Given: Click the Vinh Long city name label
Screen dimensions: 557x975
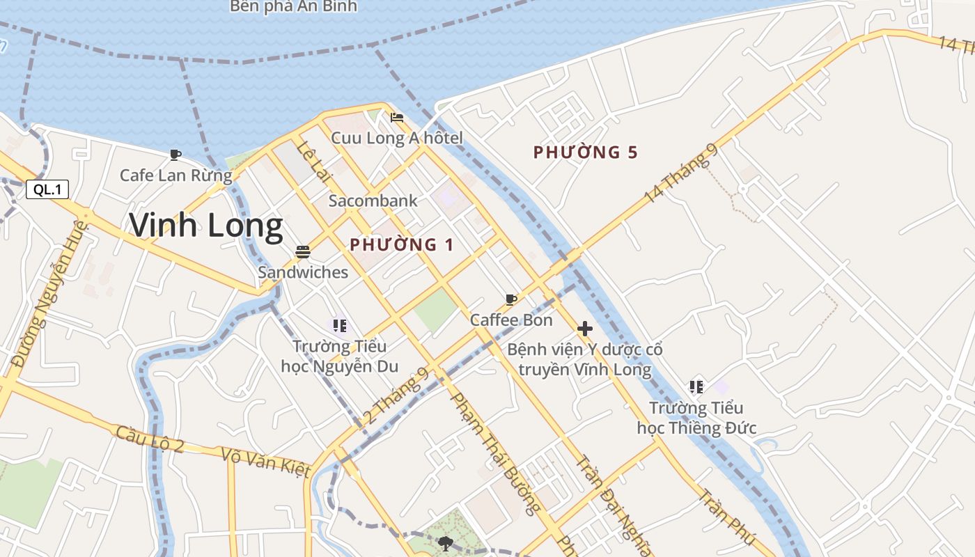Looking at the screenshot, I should click(x=206, y=226).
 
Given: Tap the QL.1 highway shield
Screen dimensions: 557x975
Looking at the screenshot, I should click(x=47, y=189).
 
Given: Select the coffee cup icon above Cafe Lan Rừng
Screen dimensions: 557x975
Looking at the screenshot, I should click(x=175, y=155).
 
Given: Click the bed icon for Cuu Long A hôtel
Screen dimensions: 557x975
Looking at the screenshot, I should click(x=397, y=117).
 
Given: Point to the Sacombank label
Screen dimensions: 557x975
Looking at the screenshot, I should click(x=373, y=201).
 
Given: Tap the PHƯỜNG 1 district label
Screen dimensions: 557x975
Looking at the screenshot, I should click(x=401, y=245).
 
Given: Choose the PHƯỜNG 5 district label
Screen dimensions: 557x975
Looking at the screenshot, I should click(x=585, y=152).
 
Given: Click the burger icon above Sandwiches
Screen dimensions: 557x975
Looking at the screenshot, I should click(x=302, y=251).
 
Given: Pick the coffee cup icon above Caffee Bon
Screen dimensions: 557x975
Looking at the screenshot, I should click(x=511, y=299).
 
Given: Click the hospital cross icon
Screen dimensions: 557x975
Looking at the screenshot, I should click(x=585, y=329).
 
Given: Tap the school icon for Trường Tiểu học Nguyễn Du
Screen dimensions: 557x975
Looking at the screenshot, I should click(x=340, y=325).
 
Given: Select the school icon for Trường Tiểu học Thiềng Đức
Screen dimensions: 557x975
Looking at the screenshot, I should click(x=696, y=386).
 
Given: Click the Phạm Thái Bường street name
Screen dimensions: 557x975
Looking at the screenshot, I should click(x=495, y=453).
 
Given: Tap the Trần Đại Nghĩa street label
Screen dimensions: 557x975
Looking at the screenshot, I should click(x=616, y=505).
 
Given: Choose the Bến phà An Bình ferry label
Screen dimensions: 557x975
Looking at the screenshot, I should click(x=293, y=6).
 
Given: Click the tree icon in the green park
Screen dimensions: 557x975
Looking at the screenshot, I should click(x=446, y=542).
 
